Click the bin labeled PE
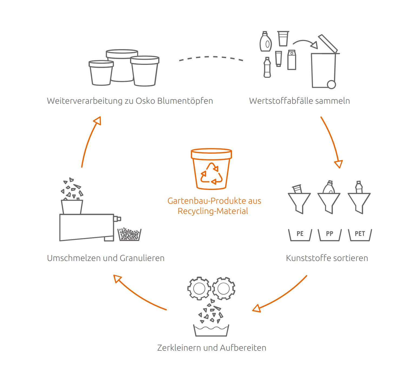click(300, 234)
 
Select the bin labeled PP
click(329, 234)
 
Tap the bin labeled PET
click(360, 234)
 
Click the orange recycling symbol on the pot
click(211, 173)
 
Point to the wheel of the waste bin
click(331, 84)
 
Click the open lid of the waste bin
click(328, 43)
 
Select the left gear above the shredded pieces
click(199, 288)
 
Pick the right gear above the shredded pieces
click(223, 288)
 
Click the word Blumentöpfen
click(185, 101)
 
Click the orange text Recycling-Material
click(213, 211)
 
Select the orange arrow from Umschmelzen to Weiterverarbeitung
click(89, 140)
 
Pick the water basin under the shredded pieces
click(211, 331)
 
